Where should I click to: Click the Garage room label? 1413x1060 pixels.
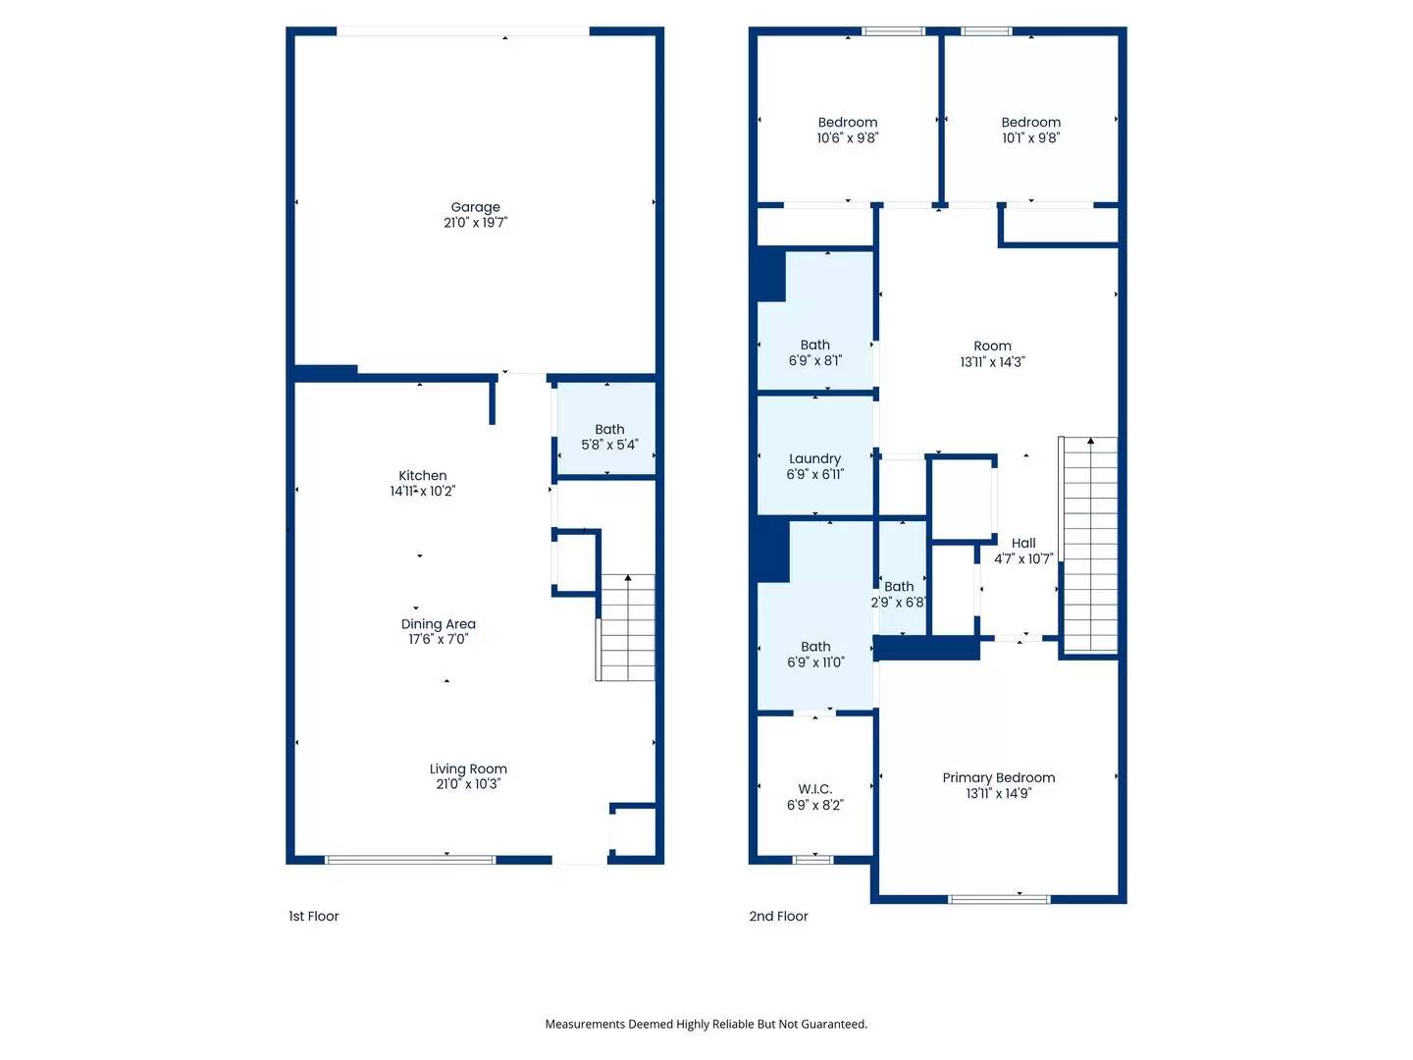click(475, 214)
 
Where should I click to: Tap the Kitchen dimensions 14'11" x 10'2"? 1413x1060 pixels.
click(422, 491)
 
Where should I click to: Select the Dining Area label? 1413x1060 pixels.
click(438, 631)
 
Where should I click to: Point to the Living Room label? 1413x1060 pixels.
click(468, 776)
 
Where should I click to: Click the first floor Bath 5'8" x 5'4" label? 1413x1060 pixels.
click(609, 437)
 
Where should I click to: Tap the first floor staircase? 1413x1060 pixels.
click(625, 627)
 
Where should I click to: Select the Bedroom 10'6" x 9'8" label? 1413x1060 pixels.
click(847, 130)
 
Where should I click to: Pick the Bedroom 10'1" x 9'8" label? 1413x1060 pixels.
click(1030, 130)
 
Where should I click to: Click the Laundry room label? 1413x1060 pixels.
click(814, 466)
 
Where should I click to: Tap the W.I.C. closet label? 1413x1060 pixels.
click(814, 797)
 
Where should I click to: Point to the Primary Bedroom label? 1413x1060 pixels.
click(999, 785)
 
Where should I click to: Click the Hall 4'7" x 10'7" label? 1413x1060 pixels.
click(1022, 551)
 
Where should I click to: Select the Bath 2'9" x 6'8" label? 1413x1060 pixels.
click(898, 594)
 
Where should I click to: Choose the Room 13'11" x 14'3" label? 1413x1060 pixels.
click(992, 354)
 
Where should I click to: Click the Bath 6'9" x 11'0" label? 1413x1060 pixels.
click(815, 654)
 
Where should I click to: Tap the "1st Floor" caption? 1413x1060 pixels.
click(313, 916)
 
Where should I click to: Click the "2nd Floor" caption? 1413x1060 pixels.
click(777, 916)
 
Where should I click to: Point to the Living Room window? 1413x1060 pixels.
click(410, 859)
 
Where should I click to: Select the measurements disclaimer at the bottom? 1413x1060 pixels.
click(706, 1024)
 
